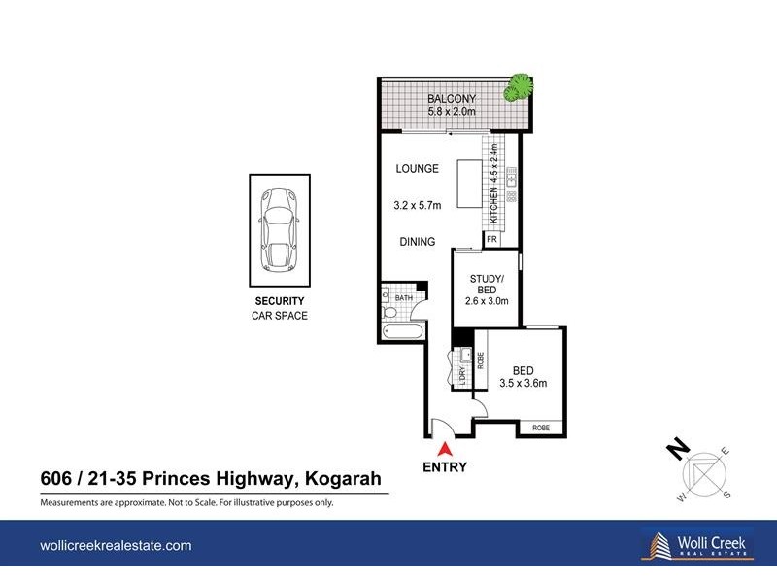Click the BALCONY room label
pos(452,98)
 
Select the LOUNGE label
pos(418,169)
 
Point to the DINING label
pos(415,242)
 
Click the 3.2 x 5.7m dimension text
pos(418,205)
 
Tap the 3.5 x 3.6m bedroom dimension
pos(524,383)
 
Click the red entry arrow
pos(445,449)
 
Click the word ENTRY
pos(445,467)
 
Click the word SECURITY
pos(280,301)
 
